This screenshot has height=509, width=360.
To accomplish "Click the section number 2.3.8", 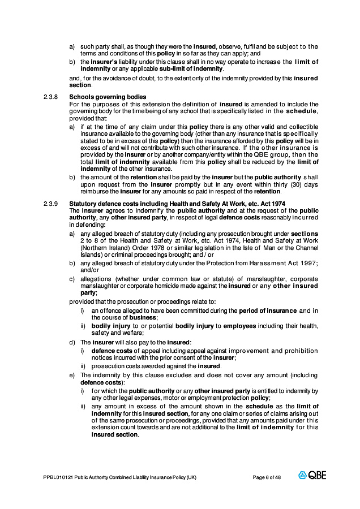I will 50,97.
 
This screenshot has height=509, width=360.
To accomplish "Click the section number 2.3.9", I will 50,204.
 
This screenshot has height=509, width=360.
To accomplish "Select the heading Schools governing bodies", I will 108,97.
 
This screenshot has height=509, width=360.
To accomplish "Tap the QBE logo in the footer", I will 312,476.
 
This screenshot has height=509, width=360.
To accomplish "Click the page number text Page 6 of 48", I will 267,477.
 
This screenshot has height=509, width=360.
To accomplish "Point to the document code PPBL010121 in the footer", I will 57,477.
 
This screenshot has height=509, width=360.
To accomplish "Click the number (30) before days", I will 281,185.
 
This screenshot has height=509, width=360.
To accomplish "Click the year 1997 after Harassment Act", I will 306,263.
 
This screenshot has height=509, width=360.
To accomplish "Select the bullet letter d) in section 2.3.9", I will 72,342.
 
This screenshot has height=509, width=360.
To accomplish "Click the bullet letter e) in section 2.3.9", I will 72,375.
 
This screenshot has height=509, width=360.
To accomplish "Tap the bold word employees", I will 239,326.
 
